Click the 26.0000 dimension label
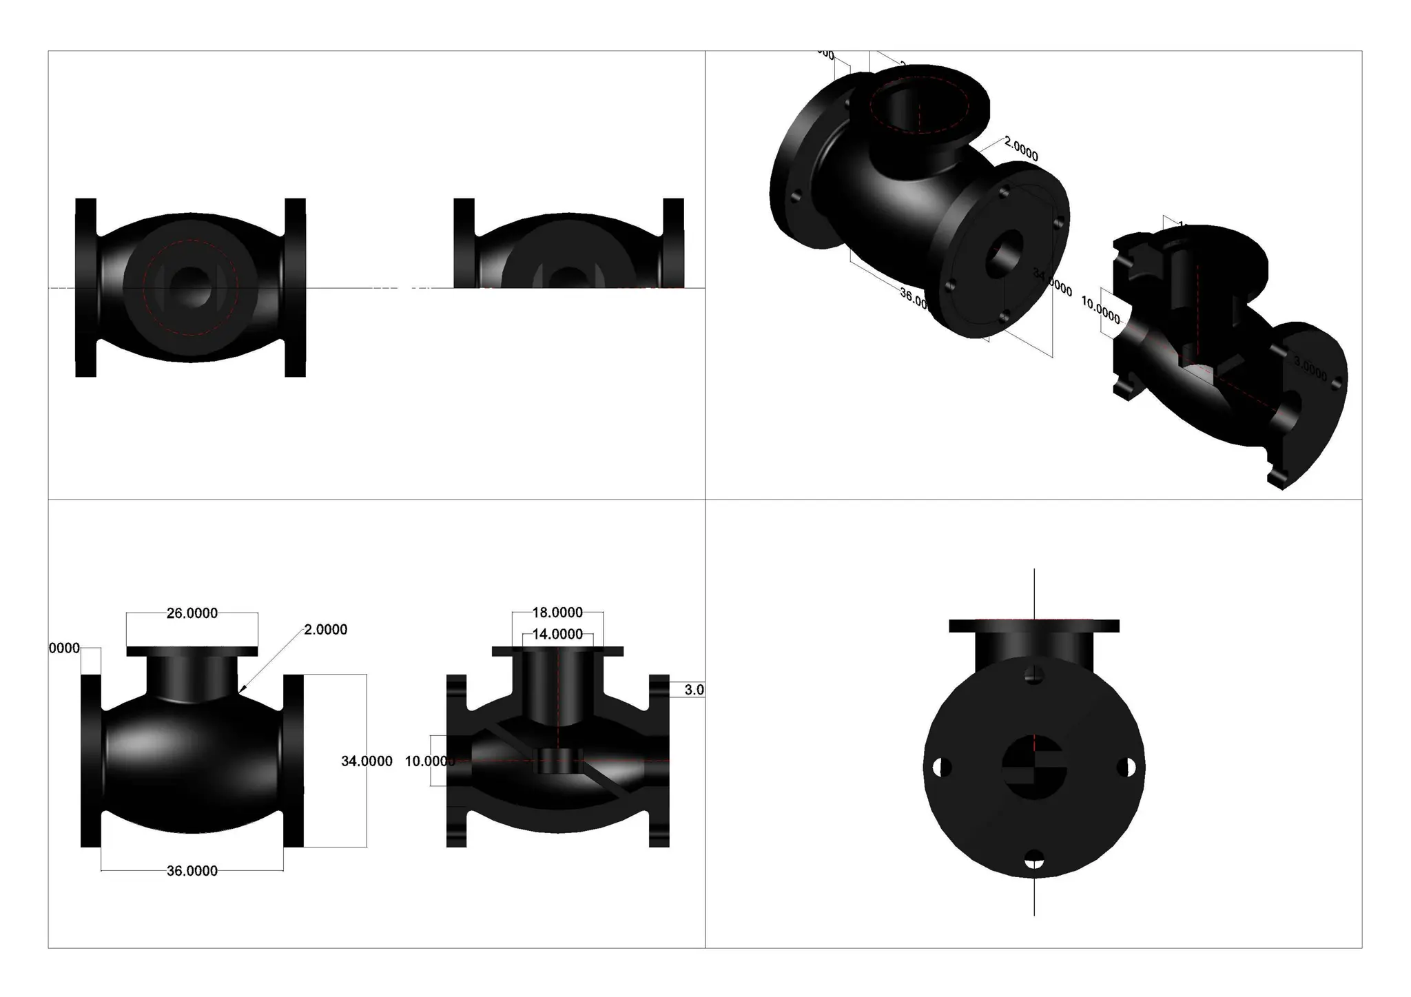point(192,613)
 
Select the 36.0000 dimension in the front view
point(192,871)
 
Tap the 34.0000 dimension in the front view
point(367,761)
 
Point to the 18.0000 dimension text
point(557,613)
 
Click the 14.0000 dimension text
point(557,634)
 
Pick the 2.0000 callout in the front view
point(325,630)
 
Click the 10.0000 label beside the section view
point(429,761)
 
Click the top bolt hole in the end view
point(1034,675)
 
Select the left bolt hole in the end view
point(943,767)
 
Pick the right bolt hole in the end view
point(1126,767)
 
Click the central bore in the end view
point(1034,767)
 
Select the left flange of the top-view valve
point(85,288)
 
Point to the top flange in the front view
point(192,651)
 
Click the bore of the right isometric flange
point(1005,251)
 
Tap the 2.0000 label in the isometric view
point(1021,149)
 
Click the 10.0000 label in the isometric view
point(1100,309)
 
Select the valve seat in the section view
point(558,761)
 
